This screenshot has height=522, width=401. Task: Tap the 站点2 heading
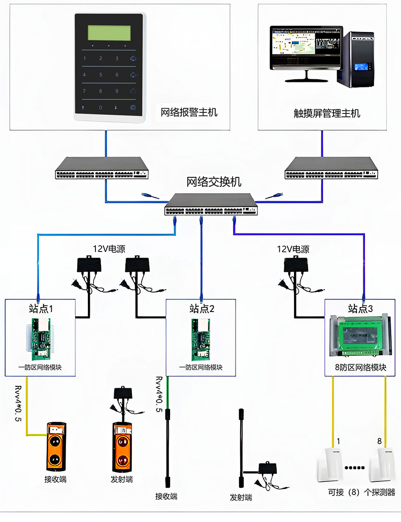coord(202,308)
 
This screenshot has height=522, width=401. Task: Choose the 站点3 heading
coord(360,308)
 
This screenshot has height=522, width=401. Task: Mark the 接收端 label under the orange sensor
coord(55,479)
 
